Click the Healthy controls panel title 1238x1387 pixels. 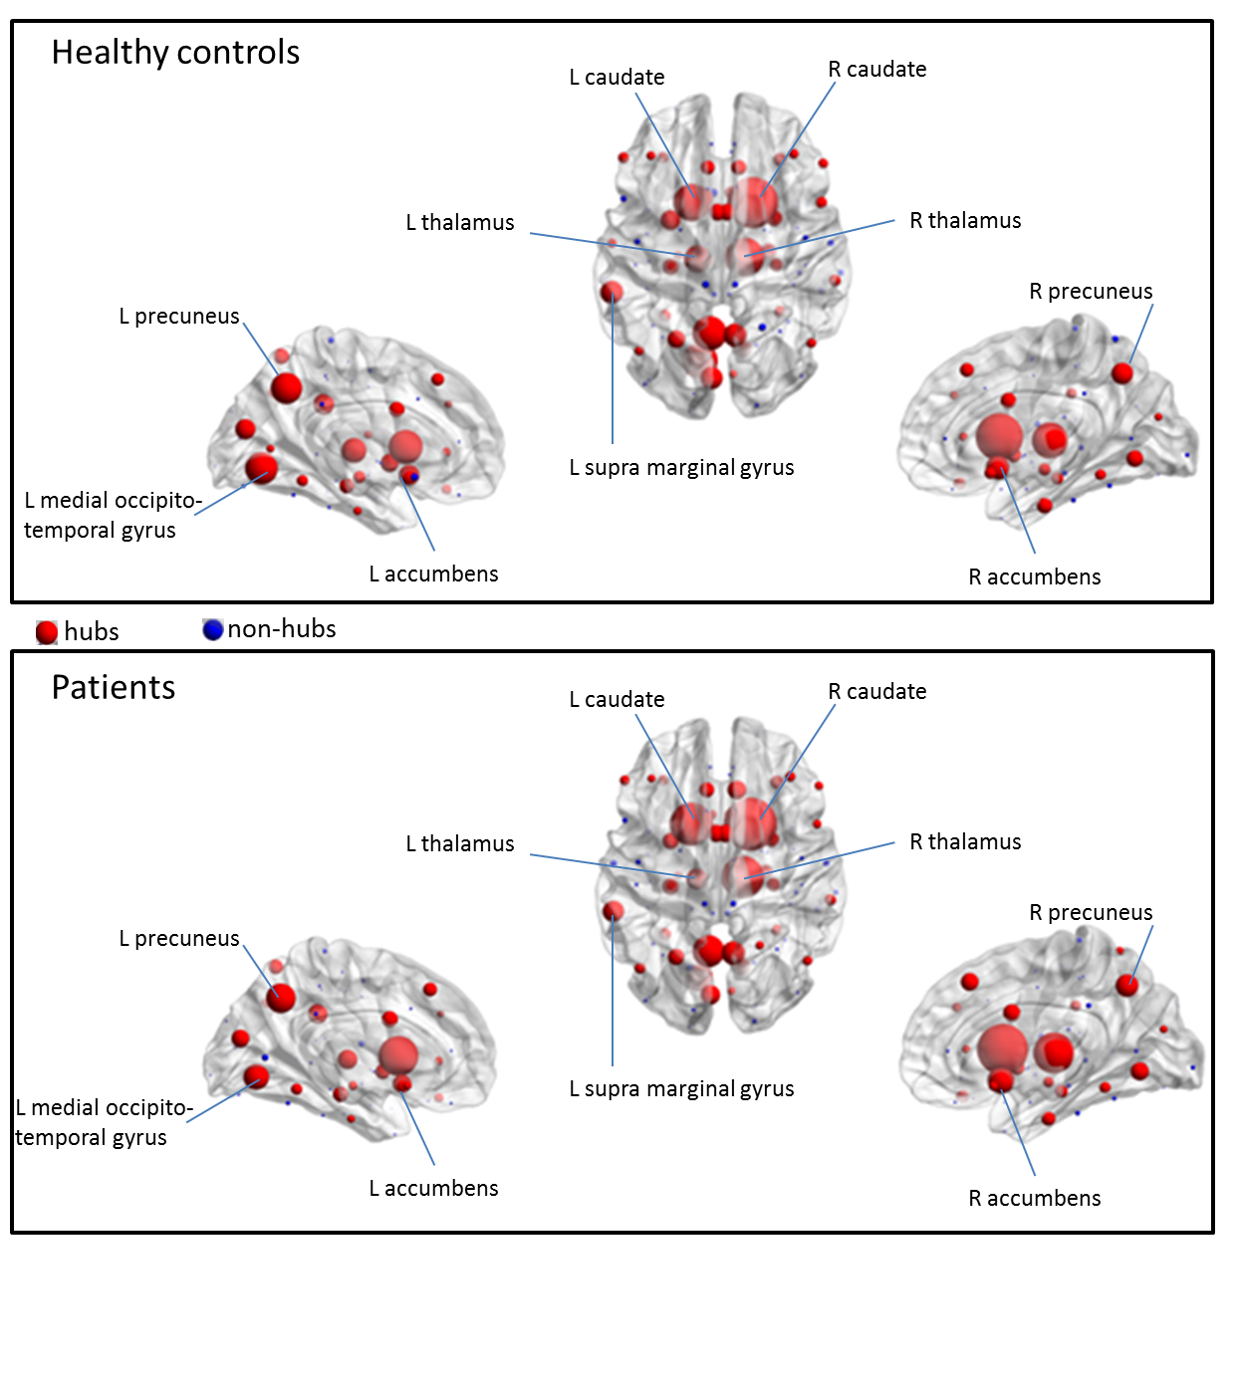175,53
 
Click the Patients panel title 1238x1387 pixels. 114,688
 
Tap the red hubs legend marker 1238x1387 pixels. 47,632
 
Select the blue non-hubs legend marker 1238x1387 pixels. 212,629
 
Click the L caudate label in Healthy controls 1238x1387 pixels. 617,78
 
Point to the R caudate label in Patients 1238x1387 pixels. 876,692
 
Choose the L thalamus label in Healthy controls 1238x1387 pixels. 459,223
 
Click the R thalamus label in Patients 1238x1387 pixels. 965,842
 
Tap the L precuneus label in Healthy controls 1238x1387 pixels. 179,317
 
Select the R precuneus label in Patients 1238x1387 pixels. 1091,913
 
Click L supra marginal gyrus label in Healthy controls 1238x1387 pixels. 681,468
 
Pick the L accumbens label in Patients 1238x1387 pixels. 433,1189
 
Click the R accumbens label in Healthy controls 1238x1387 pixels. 1035,578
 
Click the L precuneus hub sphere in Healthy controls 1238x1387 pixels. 286,387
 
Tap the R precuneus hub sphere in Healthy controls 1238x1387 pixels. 1122,373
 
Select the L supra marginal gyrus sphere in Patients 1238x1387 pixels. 614,911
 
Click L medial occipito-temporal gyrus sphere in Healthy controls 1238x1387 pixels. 261,467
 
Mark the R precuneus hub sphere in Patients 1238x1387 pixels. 1126,985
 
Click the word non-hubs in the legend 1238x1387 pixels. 282,629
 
